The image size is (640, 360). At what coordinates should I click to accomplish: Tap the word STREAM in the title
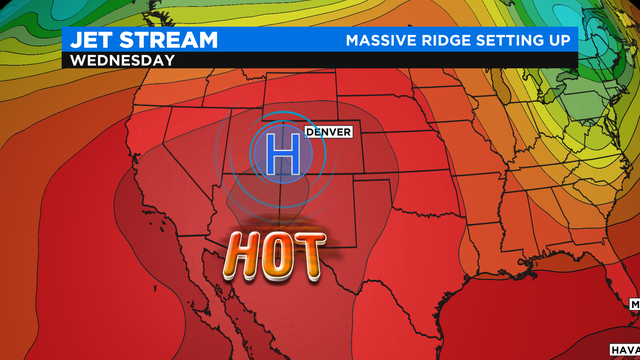click(x=169, y=40)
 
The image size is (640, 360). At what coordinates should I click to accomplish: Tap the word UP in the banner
click(x=562, y=40)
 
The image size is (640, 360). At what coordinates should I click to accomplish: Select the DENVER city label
click(x=328, y=132)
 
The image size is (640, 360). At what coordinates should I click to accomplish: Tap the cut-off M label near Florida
click(x=634, y=301)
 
